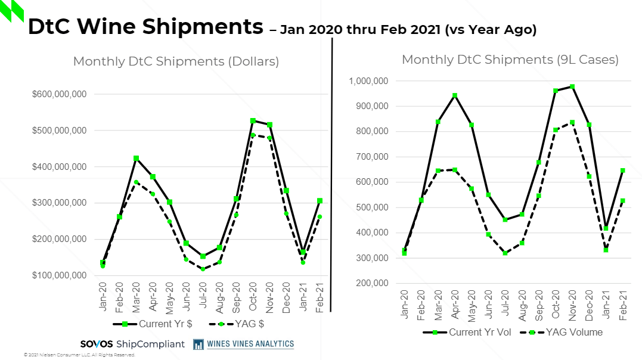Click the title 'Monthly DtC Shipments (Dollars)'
point(176,61)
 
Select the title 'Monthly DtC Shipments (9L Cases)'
point(510,60)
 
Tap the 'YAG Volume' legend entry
point(561,332)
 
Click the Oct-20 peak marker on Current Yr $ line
point(253,121)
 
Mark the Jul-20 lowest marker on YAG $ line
point(203,269)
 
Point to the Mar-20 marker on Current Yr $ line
point(136,159)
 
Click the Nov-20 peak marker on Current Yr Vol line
point(572,87)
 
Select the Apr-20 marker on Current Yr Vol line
point(455,95)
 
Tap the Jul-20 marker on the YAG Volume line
point(505,253)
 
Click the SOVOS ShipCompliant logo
point(132,344)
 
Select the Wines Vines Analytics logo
point(243,344)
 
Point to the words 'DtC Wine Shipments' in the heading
point(145,26)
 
